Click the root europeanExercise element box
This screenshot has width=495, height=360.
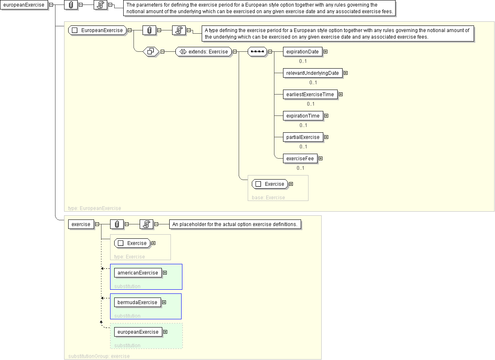click(24, 5)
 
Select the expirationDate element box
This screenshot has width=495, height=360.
click(302, 52)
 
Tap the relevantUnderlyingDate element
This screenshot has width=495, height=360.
click(313, 73)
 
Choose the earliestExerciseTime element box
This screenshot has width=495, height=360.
click(310, 95)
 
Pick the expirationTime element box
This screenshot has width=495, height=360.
click(303, 116)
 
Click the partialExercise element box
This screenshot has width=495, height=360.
click(303, 137)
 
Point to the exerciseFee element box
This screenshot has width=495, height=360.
click(300, 159)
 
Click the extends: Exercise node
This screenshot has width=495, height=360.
click(203, 52)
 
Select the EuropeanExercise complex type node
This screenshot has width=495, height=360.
click(97, 30)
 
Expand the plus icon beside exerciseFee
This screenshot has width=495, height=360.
click(321, 159)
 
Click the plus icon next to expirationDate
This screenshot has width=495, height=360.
click(325, 52)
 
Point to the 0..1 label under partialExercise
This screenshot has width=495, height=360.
click(303, 147)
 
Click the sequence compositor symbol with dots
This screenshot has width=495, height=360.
click(258, 52)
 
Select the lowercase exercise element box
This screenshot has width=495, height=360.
click(81, 224)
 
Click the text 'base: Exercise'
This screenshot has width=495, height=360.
click(268, 198)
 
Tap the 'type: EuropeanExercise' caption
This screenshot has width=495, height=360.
click(94, 208)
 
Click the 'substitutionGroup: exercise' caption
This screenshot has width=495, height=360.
click(99, 356)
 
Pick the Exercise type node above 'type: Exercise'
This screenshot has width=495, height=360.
click(132, 243)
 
